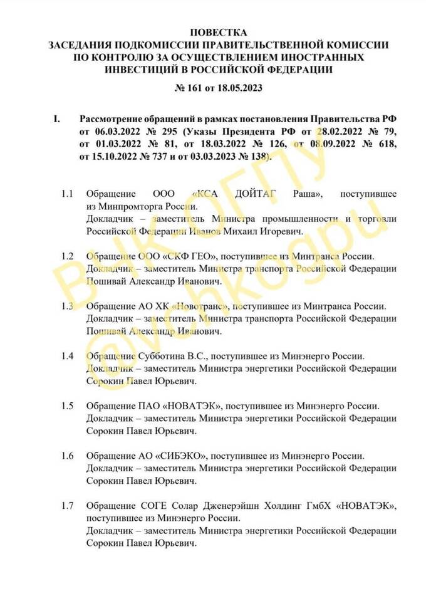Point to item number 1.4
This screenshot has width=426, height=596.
point(68,357)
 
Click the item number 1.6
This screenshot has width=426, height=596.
point(68,455)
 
